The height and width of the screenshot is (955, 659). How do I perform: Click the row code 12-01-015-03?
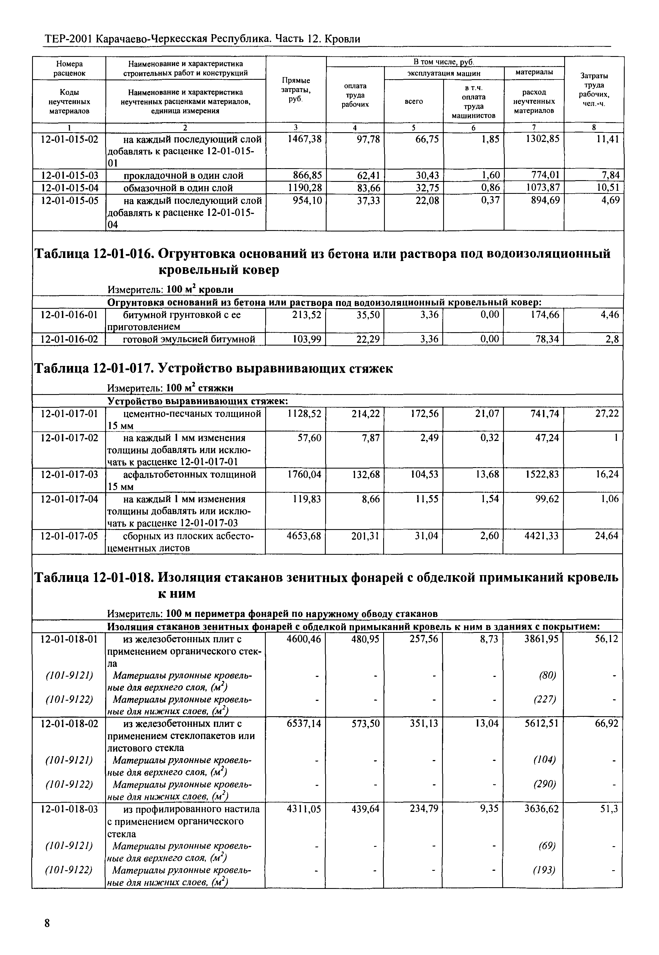pyautogui.click(x=69, y=175)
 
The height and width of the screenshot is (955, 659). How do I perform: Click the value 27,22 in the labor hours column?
pyautogui.click(x=607, y=414)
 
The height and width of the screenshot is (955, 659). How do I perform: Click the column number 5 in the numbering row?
pyautogui.click(x=413, y=127)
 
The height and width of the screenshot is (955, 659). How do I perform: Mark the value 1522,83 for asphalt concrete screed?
pyautogui.click(x=541, y=475)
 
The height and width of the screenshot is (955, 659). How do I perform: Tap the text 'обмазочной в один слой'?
pyautogui.click(x=178, y=188)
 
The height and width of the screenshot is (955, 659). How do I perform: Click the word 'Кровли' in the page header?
pyautogui.click(x=342, y=39)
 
